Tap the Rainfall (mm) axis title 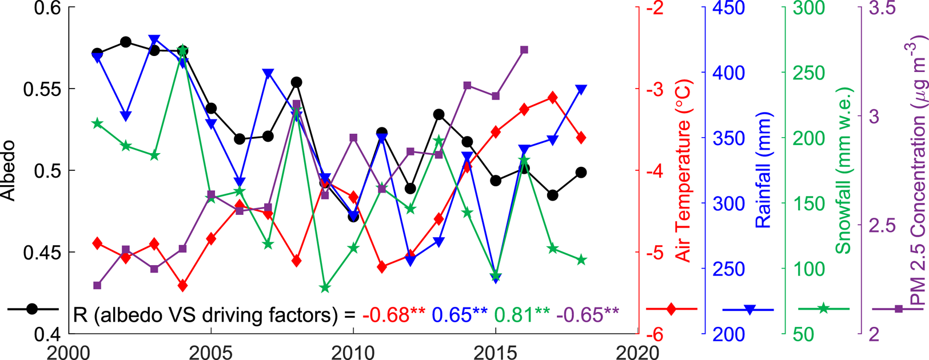764,170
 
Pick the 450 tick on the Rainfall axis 728,9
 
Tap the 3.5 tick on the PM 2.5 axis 882,9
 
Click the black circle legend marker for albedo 32,309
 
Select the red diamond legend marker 672,309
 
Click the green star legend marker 823,309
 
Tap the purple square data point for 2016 524,50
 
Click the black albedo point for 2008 296,82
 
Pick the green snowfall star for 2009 325,288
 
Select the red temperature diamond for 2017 552,98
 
